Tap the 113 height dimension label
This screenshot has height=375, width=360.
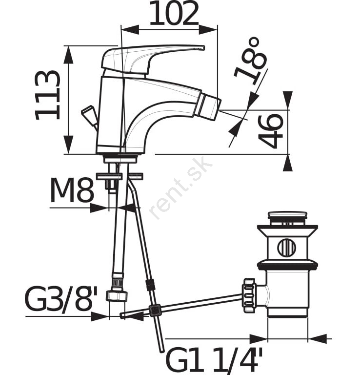47,95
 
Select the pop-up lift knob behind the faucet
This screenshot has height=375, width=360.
90,116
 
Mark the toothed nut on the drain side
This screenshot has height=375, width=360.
249,295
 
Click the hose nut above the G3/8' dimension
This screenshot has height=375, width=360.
117,295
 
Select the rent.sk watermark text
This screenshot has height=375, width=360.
180,188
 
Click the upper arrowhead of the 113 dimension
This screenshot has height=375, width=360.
69,55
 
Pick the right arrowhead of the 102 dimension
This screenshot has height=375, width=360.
208,30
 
